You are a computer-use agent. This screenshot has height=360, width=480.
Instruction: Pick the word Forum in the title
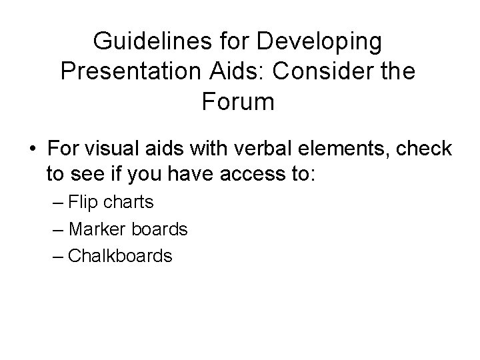[237, 102]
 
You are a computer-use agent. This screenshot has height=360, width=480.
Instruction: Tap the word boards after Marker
[161, 229]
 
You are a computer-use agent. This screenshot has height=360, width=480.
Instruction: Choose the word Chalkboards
[121, 255]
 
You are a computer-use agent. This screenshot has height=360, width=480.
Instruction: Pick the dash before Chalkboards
[58, 255]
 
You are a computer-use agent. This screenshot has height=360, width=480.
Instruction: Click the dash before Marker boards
[58, 229]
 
